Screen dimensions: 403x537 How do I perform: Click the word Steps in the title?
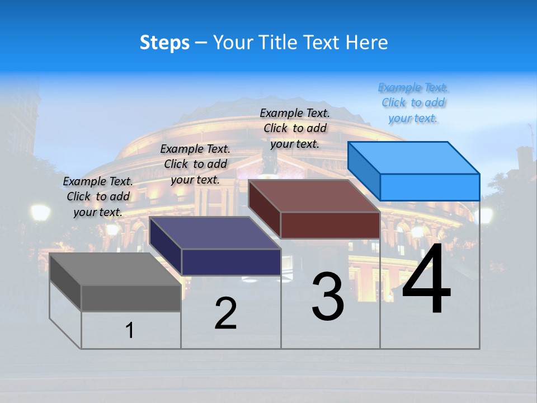point(164,43)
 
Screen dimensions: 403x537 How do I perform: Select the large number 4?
point(426,279)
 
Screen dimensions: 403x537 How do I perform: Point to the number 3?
point(328,297)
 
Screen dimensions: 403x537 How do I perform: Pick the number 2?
point(225,313)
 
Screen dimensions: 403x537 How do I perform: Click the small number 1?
point(130,330)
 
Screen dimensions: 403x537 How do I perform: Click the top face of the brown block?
point(314,196)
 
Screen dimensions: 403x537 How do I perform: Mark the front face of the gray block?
point(131,298)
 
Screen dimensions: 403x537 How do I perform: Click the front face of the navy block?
point(231,262)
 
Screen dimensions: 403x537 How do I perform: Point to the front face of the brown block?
point(330,225)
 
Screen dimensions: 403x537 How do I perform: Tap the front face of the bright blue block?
point(430,187)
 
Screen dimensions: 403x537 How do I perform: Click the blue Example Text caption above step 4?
point(413,103)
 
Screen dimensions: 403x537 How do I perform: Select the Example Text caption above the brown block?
point(295,128)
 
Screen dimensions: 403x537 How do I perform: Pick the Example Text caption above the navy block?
point(195,164)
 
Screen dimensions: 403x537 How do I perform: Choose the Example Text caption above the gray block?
point(98,196)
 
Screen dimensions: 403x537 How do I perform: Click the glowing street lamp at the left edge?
point(40,213)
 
